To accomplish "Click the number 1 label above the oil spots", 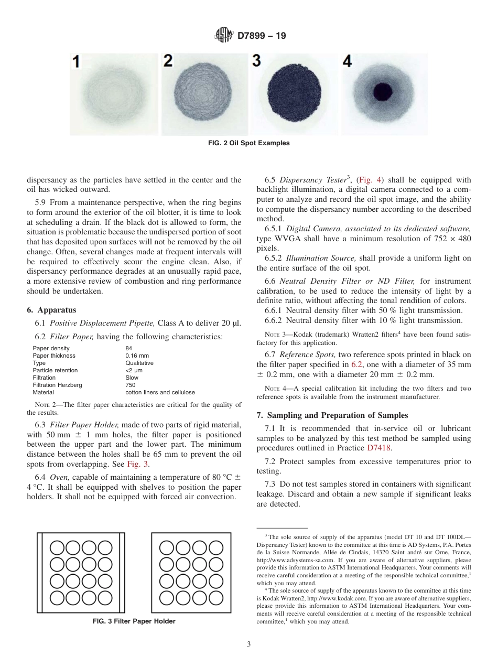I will coord(76,62).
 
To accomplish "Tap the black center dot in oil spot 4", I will coord(383,93).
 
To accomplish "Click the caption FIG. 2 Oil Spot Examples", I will coord(248,143).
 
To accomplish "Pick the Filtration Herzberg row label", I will coord(57,385).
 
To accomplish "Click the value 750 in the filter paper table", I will coord(130,385).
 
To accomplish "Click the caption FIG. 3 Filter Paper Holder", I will coord(134,621).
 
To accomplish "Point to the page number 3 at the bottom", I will coord(248,644).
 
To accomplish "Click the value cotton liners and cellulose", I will coord(160,392).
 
